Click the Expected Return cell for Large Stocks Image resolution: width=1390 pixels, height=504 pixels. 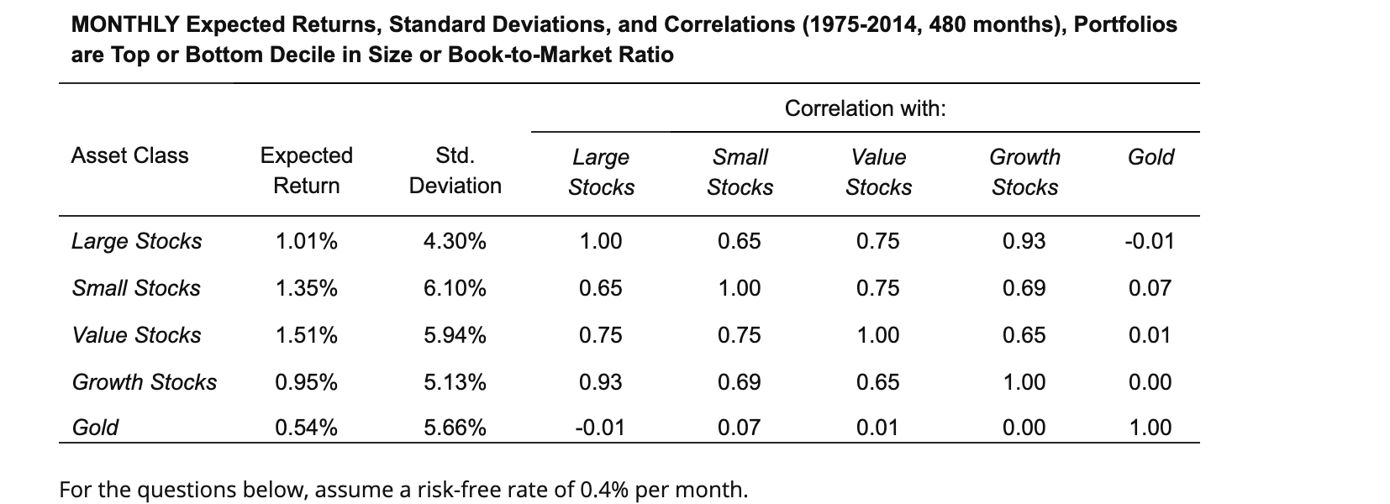(x=307, y=241)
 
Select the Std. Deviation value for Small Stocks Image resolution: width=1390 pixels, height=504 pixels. (x=455, y=288)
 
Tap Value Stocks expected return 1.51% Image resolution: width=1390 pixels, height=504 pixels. (x=307, y=335)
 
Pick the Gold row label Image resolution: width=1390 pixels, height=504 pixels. (x=95, y=428)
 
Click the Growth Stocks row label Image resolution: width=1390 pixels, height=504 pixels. (x=145, y=382)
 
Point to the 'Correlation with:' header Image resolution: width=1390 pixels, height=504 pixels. (x=865, y=108)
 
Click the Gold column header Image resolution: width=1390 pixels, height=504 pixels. (x=1150, y=157)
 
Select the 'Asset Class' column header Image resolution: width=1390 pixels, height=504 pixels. (x=129, y=155)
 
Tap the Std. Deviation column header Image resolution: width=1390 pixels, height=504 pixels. (x=455, y=171)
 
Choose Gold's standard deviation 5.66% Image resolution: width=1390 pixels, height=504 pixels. (x=455, y=428)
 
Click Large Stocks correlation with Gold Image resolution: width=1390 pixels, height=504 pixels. (x=1150, y=241)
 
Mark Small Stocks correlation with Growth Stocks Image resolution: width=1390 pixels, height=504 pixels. (x=1024, y=288)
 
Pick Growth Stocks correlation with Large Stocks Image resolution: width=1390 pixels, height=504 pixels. (x=601, y=382)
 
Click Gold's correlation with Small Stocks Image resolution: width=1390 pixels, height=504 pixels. (x=740, y=428)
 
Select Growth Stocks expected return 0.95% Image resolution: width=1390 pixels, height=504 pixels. (x=307, y=382)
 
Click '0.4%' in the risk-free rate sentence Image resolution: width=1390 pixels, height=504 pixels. (x=603, y=489)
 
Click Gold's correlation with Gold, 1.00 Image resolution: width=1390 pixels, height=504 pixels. (x=1150, y=428)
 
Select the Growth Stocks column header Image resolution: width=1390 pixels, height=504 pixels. (x=1024, y=171)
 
